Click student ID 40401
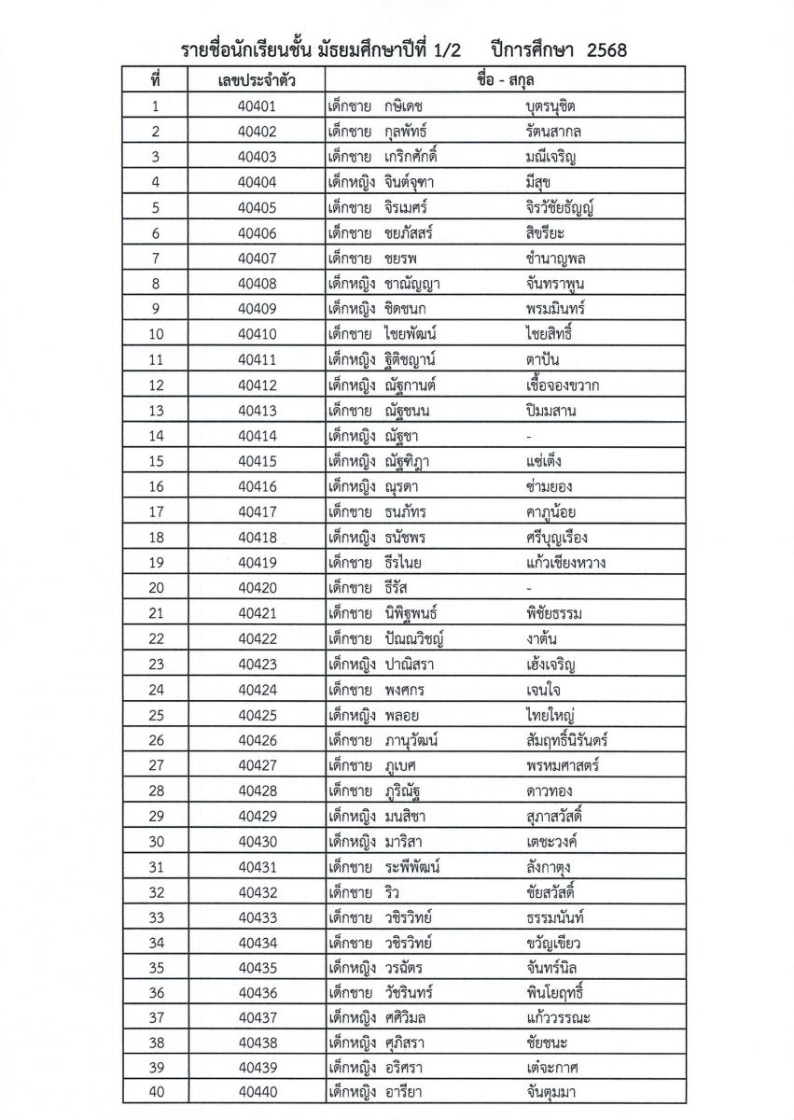coord(257,106)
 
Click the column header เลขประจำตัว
coord(257,81)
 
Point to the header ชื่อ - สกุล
coord(503,81)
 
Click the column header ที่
coord(156,81)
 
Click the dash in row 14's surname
coord(529,436)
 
